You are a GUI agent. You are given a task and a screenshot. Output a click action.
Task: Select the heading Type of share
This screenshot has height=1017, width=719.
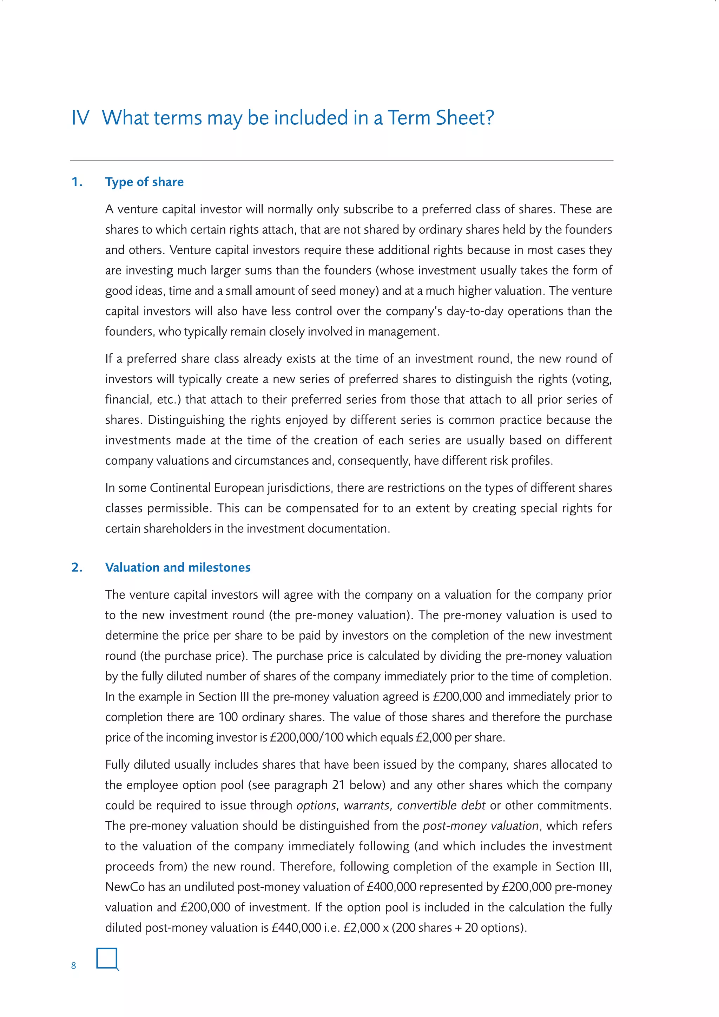click(x=144, y=182)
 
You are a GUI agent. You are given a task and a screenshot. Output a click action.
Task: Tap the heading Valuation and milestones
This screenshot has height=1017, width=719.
click(x=178, y=567)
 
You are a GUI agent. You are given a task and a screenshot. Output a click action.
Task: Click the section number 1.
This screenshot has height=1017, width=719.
click(x=77, y=182)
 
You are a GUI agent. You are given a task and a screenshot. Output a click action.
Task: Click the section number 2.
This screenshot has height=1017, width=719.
click(x=77, y=567)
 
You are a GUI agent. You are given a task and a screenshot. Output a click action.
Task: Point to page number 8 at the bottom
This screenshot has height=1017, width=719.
click(x=73, y=966)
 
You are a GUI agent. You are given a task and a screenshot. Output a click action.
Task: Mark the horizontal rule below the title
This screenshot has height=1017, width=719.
click(x=341, y=160)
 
